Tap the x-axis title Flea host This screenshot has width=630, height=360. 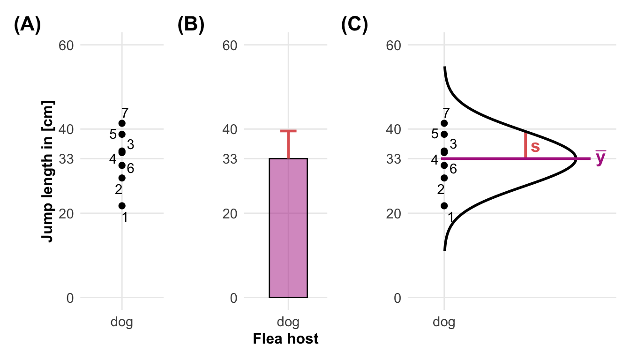click(285, 338)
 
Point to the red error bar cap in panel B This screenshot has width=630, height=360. click(288, 131)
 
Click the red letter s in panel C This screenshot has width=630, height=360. click(535, 147)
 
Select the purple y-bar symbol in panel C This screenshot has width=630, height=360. click(600, 158)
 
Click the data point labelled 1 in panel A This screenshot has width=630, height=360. click(122, 206)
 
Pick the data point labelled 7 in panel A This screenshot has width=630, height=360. click(122, 123)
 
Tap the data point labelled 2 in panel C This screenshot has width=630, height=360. click(444, 178)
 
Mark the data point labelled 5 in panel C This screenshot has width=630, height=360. click(444, 134)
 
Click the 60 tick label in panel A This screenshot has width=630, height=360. click(66, 45)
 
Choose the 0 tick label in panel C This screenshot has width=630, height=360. click(397, 298)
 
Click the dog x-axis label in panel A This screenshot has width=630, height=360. click(122, 322)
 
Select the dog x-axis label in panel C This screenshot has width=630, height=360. click(444, 322)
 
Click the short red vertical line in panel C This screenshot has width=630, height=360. click(525, 146)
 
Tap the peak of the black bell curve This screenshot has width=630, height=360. click(577, 158)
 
